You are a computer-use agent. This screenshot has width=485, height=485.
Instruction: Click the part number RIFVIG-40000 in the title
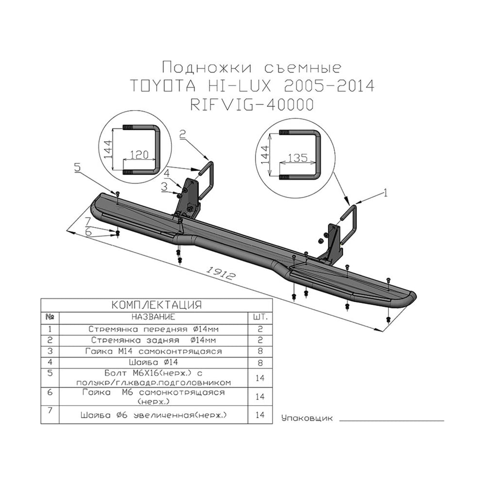tap(251, 105)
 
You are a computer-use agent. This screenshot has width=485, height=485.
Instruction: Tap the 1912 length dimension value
tap(220, 273)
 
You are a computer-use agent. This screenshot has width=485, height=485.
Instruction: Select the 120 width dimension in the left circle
tap(139, 154)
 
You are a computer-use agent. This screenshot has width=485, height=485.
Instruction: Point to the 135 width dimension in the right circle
tap(298, 158)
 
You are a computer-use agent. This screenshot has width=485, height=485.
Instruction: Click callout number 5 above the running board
tap(77, 167)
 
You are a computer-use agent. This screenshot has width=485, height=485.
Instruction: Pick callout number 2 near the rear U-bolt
tap(182, 134)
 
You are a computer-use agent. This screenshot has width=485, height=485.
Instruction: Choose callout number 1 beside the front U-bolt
tap(385, 193)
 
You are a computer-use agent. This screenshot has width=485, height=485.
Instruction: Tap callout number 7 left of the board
tap(87, 222)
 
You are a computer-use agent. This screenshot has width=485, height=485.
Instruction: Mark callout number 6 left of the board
tap(88, 232)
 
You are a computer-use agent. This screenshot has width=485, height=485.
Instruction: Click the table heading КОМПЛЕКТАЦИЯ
tap(157, 305)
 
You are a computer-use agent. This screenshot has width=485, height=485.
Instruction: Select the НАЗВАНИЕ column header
tap(153, 317)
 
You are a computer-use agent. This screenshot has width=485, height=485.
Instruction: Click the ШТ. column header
tap(260, 317)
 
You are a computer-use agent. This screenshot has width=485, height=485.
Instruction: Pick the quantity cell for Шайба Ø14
tap(260, 362)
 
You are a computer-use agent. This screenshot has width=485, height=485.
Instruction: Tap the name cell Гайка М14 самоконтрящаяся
tap(153, 351)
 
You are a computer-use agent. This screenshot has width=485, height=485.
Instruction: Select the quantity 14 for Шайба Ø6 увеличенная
tap(260, 415)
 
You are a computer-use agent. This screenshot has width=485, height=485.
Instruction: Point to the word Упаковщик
tap(307, 419)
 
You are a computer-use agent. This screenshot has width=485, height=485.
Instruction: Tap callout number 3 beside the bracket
tap(164, 187)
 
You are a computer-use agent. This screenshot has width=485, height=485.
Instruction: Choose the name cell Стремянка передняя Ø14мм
tap(153, 329)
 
